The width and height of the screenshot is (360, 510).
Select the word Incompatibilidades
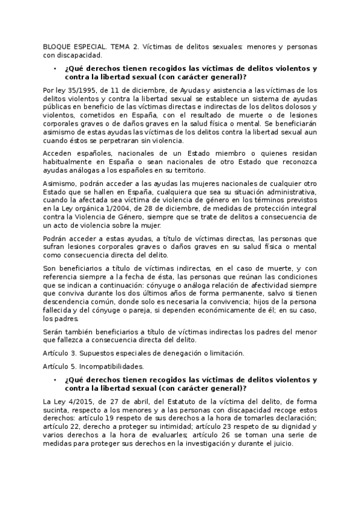coord(113,367)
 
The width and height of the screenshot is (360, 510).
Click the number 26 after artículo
coord(172,435)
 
